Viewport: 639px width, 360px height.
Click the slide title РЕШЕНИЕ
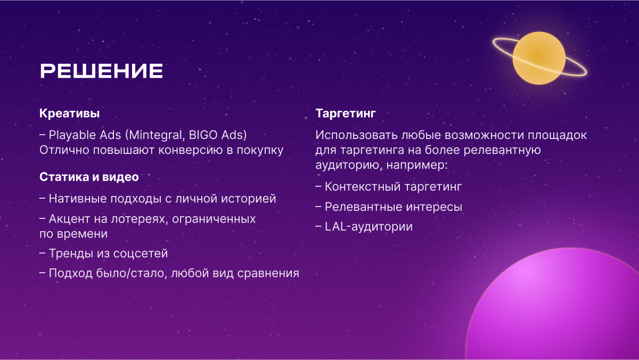(101, 71)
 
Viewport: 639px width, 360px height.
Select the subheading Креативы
(69, 113)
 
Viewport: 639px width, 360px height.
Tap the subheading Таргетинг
(346, 113)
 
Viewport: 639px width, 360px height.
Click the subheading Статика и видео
(89, 177)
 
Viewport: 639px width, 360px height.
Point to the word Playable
(72, 135)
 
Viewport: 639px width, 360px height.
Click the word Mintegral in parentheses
(155, 135)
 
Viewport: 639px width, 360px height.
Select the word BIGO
(199, 135)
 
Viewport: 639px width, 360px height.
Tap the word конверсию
(191, 150)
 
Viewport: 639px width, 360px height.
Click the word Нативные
(78, 199)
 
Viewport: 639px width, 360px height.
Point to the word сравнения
(268, 274)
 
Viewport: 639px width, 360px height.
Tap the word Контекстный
(363, 187)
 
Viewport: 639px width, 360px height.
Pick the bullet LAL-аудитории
(364, 227)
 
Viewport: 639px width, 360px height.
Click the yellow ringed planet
(539, 58)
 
